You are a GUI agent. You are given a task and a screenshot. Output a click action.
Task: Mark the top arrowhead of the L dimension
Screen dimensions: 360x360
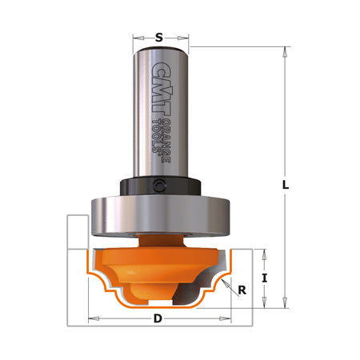click(x=285, y=50)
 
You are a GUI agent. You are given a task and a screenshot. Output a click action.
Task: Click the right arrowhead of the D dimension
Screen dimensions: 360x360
click(x=233, y=318)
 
